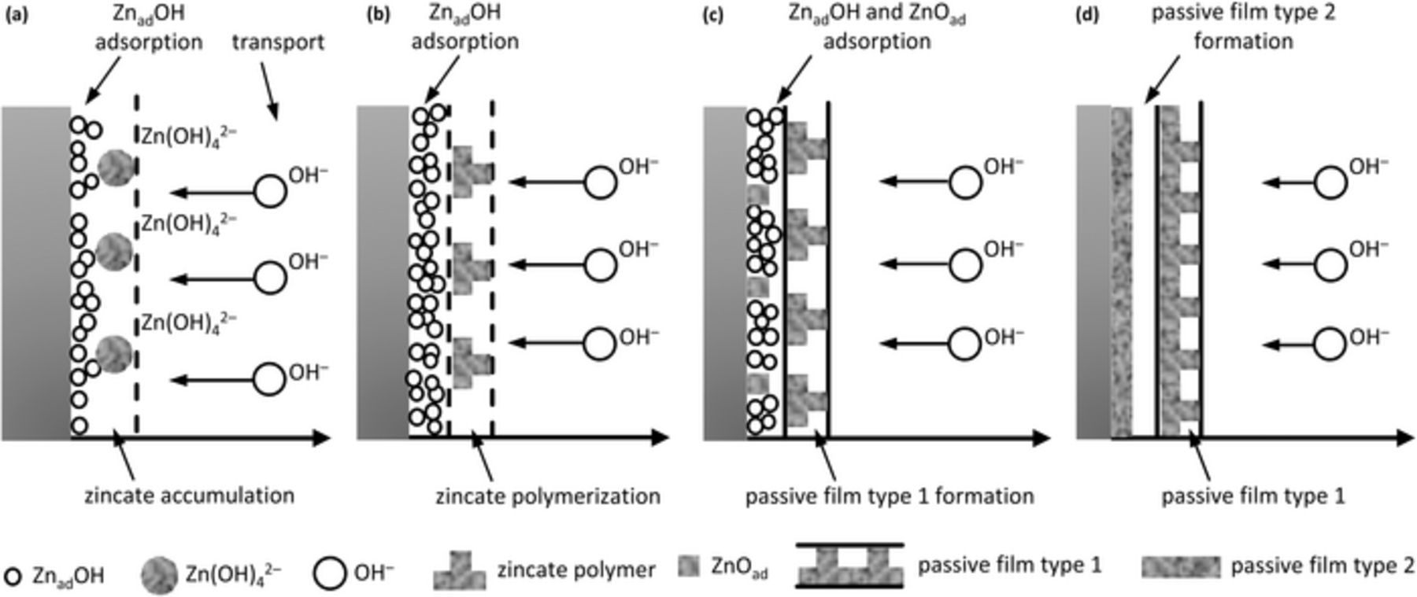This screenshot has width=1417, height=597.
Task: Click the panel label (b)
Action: (x=379, y=13)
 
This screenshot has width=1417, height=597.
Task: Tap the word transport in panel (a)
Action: (x=277, y=42)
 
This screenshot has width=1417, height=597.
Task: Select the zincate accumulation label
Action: (x=189, y=496)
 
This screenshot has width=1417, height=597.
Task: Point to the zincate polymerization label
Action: (x=548, y=496)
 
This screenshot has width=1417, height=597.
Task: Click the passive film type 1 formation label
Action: (x=889, y=496)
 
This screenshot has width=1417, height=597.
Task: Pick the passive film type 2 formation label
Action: (x=1243, y=27)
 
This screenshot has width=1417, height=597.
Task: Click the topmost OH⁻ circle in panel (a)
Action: (x=270, y=192)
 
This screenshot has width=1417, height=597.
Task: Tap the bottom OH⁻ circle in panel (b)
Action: (x=600, y=344)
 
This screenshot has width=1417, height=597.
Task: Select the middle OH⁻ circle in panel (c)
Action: (x=965, y=265)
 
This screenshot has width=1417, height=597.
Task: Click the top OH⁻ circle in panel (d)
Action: (x=1330, y=182)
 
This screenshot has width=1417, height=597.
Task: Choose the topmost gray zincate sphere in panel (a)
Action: (x=116, y=168)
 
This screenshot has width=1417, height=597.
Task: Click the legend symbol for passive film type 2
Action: (x=1180, y=566)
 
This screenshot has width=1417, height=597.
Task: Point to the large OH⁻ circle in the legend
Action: (x=329, y=573)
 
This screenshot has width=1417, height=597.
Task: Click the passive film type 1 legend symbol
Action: (x=849, y=566)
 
